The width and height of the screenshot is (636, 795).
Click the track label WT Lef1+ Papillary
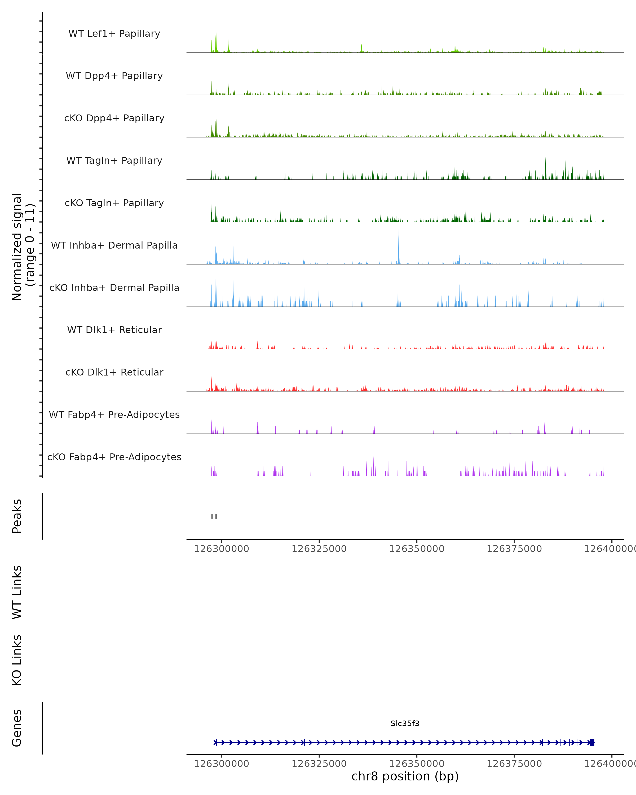114,34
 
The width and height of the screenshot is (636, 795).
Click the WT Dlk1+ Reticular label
114,330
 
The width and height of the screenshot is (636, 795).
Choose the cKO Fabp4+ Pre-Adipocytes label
114,457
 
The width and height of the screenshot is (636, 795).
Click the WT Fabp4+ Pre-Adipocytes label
114,414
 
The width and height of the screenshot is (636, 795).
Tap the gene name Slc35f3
405,723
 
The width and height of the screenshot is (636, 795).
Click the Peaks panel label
17,516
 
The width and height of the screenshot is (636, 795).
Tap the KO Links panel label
17,660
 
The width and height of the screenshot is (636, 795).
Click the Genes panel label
17,728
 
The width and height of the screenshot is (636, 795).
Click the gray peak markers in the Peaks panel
214,516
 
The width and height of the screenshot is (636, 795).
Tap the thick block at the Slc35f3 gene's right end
592,743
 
